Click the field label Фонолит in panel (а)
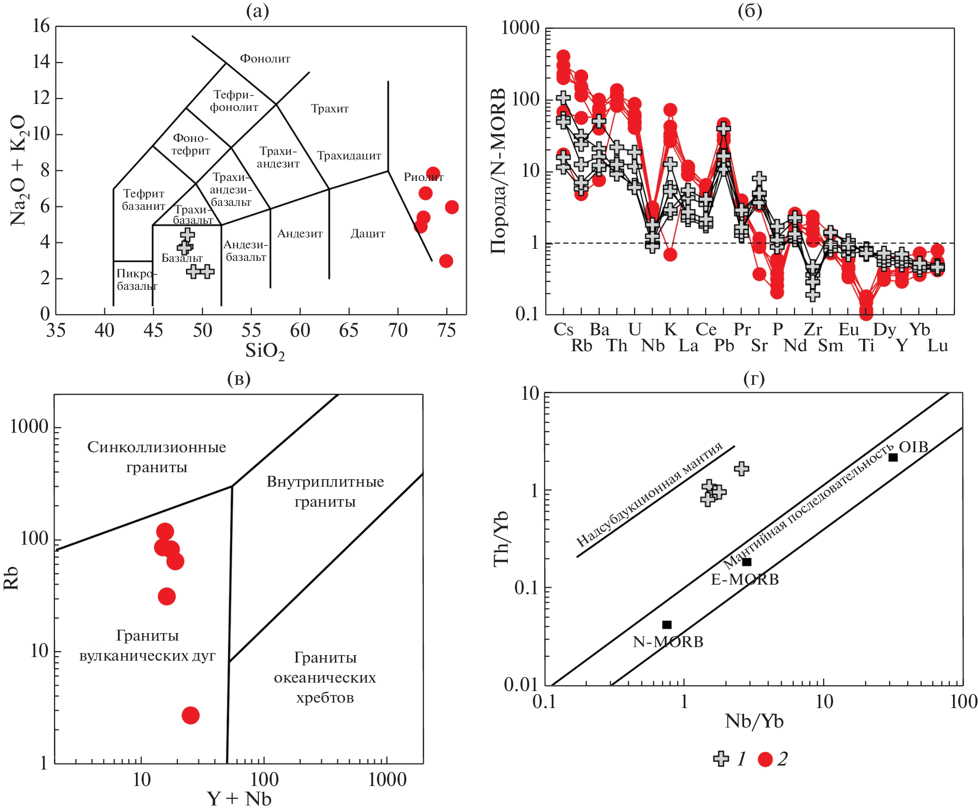[x=265, y=58]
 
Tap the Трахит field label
[x=329, y=108]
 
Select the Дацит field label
[x=367, y=233]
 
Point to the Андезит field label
[x=300, y=233]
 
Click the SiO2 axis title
[x=264, y=351]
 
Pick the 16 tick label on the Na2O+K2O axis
[x=41, y=26]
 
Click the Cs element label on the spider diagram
[x=563, y=329]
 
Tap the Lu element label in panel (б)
[x=937, y=345]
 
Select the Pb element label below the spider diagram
[x=724, y=345]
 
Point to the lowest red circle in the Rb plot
[x=190, y=715]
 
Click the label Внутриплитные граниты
[x=325, y=491]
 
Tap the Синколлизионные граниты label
[x=156, y=457]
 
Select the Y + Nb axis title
[x=239, y=799]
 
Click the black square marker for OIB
[x=893, y=457]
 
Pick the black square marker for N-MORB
[x=667, y=625]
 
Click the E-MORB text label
[x=745, y=579]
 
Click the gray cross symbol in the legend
[x=721, y=759]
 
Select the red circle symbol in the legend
[x=765, y=759]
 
